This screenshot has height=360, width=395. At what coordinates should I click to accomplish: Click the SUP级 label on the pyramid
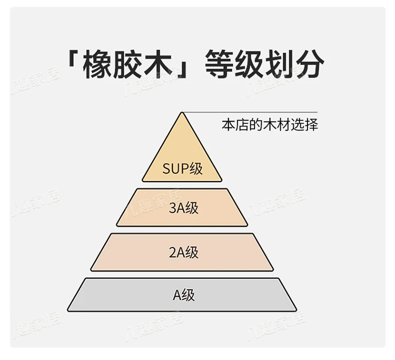[x=182, y=169]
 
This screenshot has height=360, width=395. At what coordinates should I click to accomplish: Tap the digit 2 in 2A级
[x=172, y=252]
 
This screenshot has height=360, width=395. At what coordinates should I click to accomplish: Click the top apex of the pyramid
[x=182, y=113]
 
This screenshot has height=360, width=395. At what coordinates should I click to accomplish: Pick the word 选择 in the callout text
[x=307, y=126]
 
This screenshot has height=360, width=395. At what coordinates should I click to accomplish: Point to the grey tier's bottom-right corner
[x=295, y=310]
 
